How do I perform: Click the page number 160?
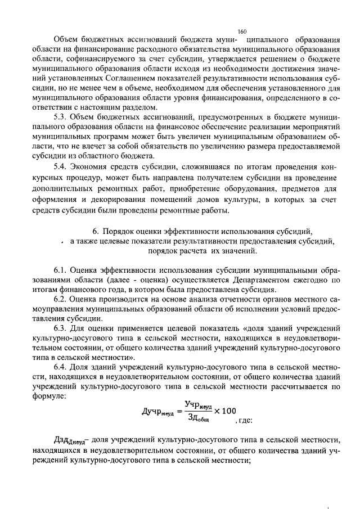tap(242, 32)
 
